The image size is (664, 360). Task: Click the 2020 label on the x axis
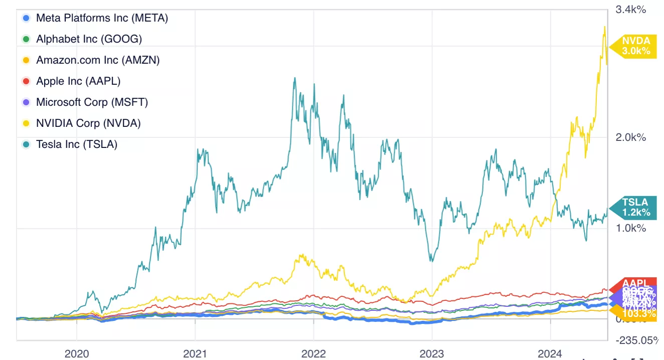77,354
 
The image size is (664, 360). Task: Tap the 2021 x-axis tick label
195,354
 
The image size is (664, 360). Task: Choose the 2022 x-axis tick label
313,354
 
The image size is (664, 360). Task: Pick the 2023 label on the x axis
432,354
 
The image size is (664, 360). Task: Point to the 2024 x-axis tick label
550,354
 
